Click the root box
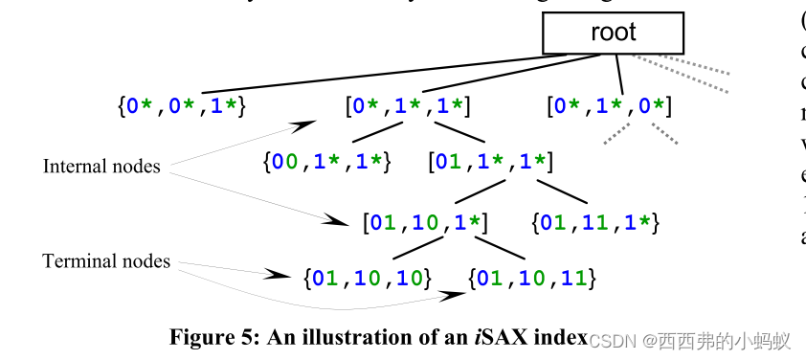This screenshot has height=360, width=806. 613,34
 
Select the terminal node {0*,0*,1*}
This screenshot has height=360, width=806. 182,106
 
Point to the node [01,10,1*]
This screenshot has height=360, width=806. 426,224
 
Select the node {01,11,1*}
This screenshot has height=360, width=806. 595,224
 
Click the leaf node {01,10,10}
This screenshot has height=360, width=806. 368,279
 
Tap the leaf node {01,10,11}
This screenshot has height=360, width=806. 533,279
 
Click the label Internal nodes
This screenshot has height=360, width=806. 101,167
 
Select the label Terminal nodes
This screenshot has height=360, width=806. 106,260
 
